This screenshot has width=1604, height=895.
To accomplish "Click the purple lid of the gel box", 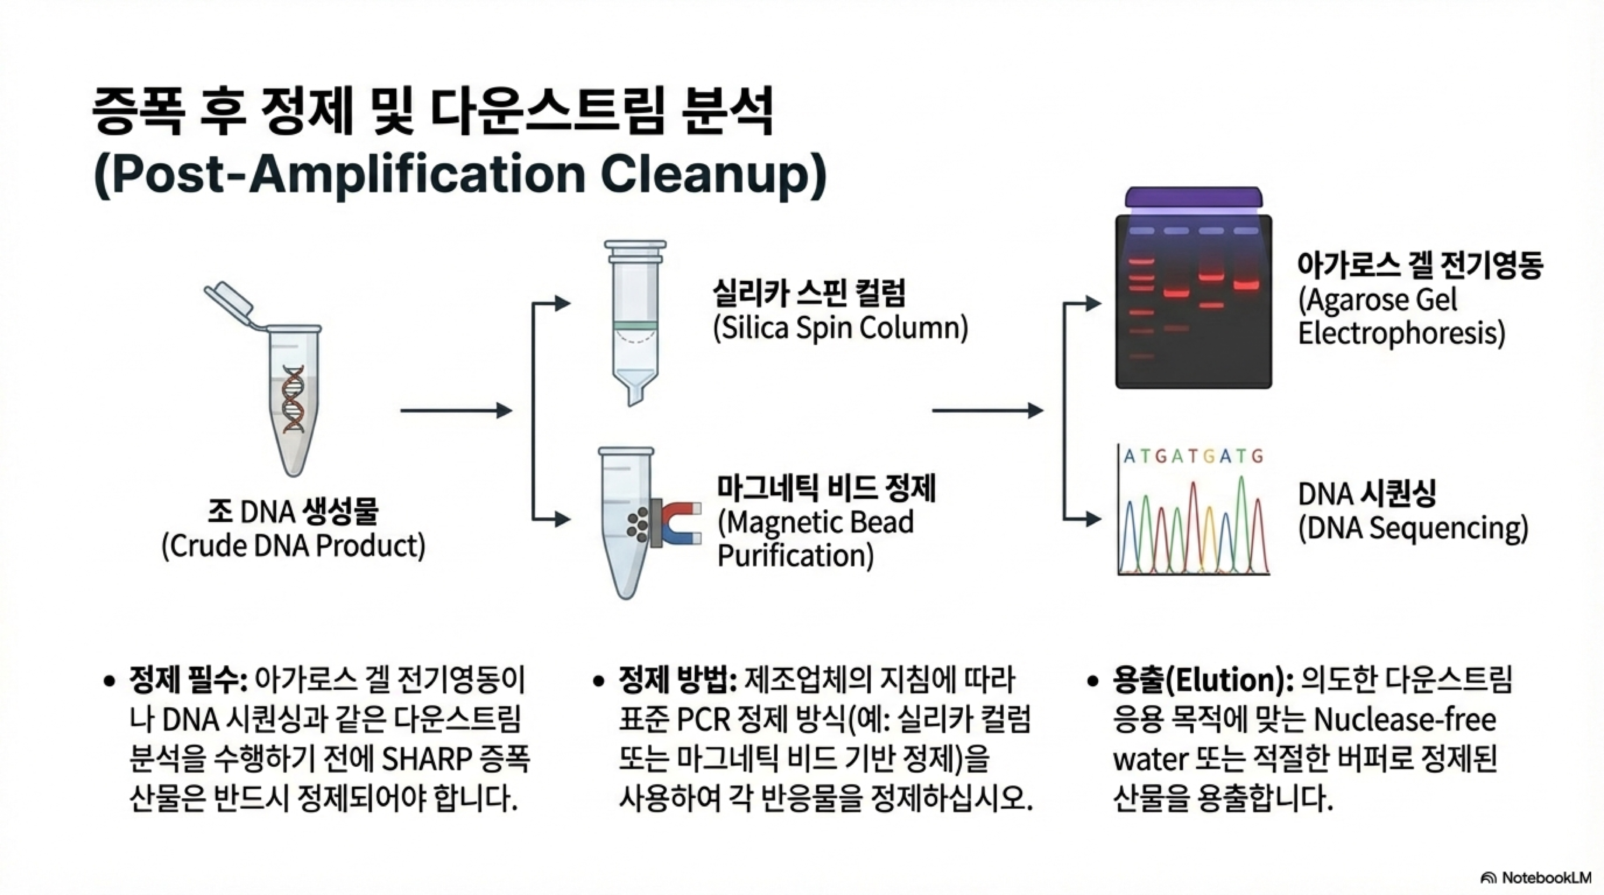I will (1193, 197).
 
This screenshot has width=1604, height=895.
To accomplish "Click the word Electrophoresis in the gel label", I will (1401, 334).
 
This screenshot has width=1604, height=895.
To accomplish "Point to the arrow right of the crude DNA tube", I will (456, 411).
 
